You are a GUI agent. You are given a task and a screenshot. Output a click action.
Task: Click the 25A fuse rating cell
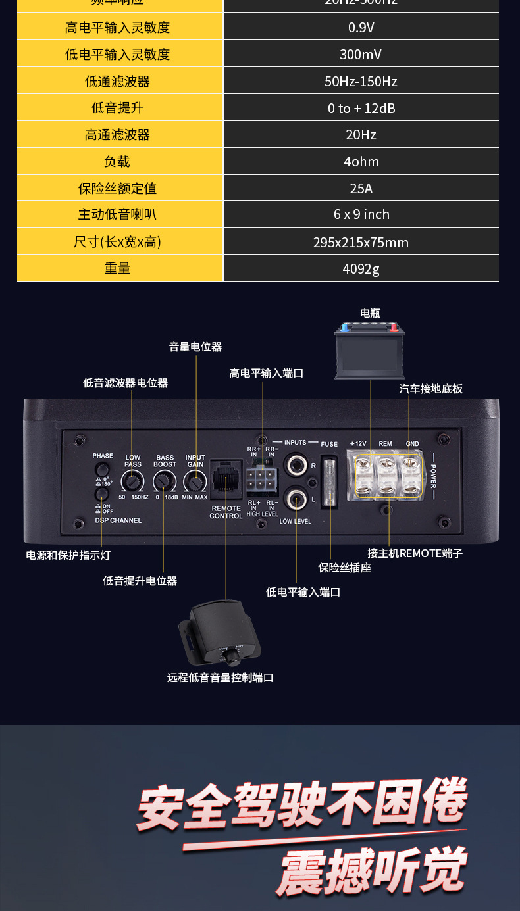(x=361, y=189)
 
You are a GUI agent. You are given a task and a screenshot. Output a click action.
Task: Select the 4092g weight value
(x=361, y=268)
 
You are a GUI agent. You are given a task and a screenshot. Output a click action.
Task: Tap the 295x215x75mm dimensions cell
(x=361, y=242)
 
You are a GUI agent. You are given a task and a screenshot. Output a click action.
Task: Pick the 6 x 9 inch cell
(x=361, y=214)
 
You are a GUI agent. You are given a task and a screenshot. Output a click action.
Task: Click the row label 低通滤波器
(x=118, y=82)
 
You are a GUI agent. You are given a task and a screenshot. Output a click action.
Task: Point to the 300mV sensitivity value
(x=361, y=55)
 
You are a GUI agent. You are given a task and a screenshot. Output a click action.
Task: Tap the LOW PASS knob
(x=132, y=482)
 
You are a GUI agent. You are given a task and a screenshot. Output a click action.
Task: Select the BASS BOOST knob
(x=163, y=483)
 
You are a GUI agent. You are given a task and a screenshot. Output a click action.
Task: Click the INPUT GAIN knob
(x=194, y=482)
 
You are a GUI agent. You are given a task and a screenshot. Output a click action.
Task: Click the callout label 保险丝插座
(x=345, y=568)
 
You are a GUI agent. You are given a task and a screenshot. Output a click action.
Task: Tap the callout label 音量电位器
(x=195, y=347)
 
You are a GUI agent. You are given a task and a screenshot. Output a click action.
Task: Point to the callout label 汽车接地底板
(x=431, y=389)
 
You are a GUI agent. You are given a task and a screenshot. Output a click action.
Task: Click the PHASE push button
(x=101, y=469)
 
